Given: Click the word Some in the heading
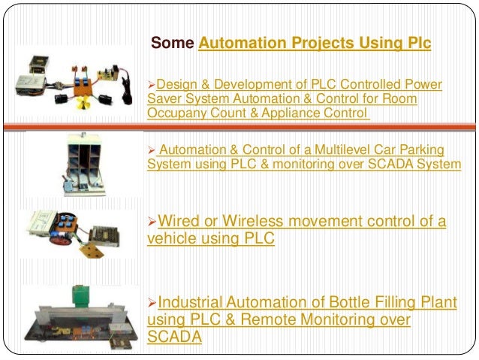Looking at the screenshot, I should (x=173, y=43).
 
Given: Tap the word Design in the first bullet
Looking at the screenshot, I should (x=176, y=84).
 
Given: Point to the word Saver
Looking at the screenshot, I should (x=164, y=99).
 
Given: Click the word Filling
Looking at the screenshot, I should (x=414, y=304).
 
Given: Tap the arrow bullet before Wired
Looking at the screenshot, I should (x=152, y=222).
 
